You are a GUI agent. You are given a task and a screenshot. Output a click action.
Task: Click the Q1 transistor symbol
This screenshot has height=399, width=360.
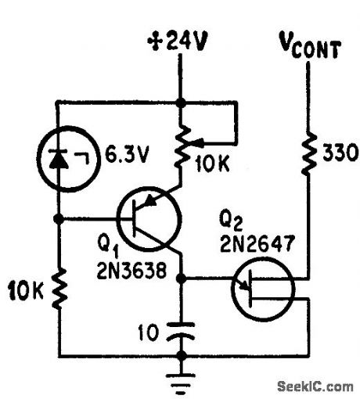(x=149, y=219)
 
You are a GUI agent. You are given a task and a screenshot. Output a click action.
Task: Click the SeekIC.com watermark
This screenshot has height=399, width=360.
(x=315, y=385)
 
